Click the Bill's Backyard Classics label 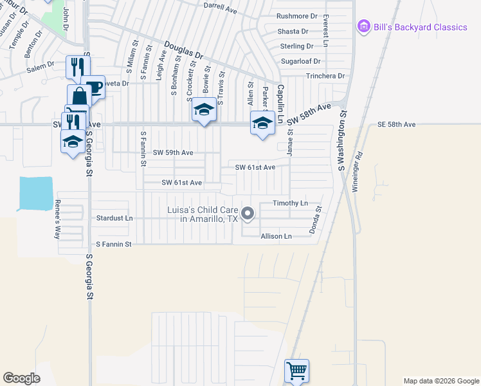click(421, 27)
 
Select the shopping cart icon click(296, 371)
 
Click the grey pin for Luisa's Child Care click(248, 213)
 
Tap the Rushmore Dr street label click(296, 16)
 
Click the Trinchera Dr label click(326, 76)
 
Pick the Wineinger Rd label click(358, 172)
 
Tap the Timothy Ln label click(291, 203)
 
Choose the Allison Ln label click(276, 236)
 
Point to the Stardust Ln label click(114, 218)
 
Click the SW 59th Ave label click(173, 153)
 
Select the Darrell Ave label click(221, 9)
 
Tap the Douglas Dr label click(183, 51)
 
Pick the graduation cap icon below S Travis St click(204, 111)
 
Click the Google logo click(21, 378)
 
